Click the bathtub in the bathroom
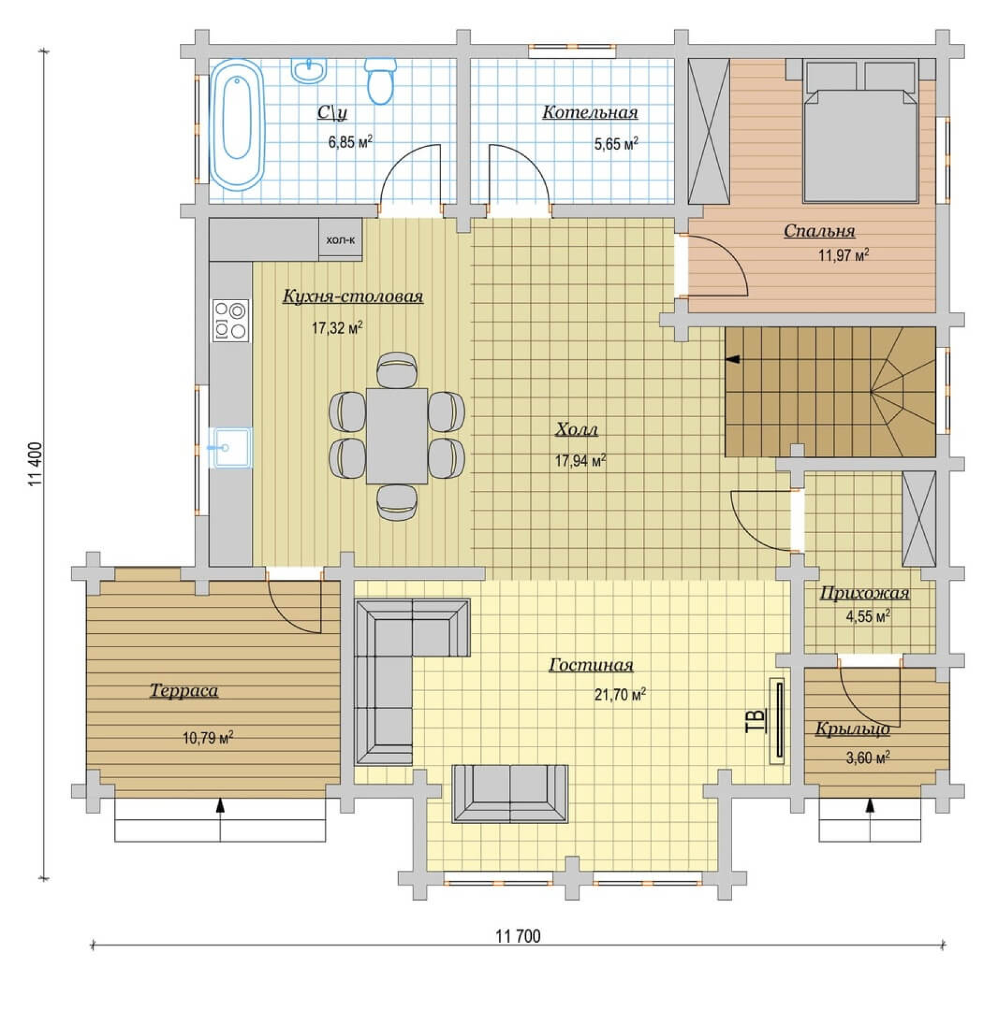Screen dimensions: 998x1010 click(237, 125)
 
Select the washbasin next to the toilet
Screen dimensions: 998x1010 click(309, 71)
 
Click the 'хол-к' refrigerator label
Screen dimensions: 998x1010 click(340, 240)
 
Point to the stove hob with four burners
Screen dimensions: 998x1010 click(231, 320)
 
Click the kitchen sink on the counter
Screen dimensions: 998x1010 click(232, 448)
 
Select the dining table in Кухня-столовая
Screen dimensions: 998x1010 click(397, 436)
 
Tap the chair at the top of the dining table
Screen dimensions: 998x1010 click(397, 370)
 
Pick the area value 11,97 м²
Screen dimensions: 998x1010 click(843, 255)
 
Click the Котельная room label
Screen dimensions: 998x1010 click(590, 112)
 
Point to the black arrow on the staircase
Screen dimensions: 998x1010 click(733, 359)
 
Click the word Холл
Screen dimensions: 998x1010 click(577, 430)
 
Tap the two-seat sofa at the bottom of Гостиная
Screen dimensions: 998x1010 click(510, 793)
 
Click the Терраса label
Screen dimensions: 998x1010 click(184, 691)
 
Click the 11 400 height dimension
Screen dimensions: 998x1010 click(35, 463)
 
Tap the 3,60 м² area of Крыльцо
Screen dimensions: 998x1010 click(868, 758)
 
